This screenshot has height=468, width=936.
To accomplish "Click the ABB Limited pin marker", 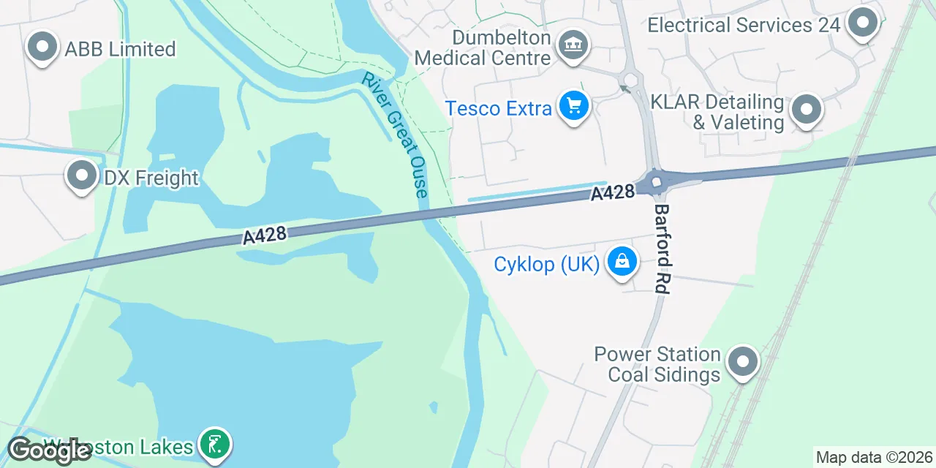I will pos(42,48).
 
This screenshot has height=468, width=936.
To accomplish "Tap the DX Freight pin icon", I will pos(82,176).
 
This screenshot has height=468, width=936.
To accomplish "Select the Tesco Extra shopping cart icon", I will pos(574,107).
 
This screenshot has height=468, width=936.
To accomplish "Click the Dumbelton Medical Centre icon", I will pos(573,46).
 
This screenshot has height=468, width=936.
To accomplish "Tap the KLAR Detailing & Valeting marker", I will pos(807,110).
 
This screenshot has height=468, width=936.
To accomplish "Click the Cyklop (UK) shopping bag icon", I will pos(622,262).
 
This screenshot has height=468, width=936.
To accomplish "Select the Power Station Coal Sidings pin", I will pos(744,362).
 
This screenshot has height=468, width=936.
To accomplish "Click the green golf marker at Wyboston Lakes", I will pos(215,444).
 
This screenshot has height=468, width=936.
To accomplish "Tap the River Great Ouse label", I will pos(394,135).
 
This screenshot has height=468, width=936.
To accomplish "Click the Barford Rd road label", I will pos(662,249).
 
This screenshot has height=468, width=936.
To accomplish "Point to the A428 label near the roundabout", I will pos(612,193).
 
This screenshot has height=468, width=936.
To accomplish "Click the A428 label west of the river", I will pos(264,235).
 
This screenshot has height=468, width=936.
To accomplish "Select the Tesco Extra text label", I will pos(499,109).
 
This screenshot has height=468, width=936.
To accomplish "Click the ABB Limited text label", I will pos(120,49).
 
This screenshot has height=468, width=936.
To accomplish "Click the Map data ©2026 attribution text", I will pos(874,458).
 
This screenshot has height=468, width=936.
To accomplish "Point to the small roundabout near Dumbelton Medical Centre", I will pos(630,80).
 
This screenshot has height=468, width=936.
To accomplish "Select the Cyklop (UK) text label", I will pos(547,264).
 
